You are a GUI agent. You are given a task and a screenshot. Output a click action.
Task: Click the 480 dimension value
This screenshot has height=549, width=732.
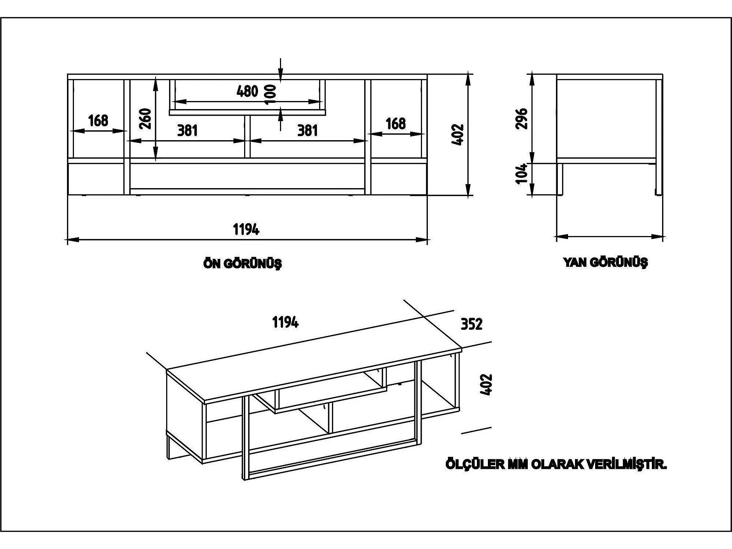coord(247,91)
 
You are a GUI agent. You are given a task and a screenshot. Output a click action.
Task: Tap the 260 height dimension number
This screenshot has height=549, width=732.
coord(146,118)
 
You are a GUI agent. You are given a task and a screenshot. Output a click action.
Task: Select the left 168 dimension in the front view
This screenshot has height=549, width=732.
coord(98,120)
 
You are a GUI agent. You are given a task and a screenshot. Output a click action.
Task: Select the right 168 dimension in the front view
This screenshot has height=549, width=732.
coord(396,124)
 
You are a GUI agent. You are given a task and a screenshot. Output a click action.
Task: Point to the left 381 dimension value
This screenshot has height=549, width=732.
coord(187,130)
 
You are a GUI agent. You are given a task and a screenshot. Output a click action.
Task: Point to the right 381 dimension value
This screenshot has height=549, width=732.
coord(307,130)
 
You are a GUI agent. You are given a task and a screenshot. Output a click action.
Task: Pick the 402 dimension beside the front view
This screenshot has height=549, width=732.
coord(458,135)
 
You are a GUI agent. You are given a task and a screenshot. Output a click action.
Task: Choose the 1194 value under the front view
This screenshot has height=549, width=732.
coord(246,229)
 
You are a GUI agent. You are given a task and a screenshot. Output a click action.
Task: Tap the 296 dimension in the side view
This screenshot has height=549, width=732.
coord(521,119)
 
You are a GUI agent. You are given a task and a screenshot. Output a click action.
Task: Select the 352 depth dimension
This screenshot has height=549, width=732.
coord(471,324)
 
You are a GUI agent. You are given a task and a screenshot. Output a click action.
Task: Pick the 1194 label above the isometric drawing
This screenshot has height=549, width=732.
coord(285,322)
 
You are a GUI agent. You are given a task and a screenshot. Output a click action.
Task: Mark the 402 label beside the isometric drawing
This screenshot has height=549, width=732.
coord(486,384)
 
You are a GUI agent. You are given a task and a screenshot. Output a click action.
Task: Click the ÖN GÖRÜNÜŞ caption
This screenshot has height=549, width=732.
coord(243,264)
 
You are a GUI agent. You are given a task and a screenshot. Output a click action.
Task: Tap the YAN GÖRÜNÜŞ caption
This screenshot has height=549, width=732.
coord(606,262)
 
